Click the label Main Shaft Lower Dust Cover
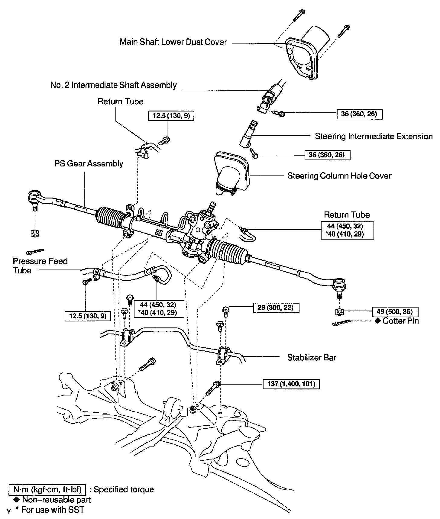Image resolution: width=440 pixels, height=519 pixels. pos(173,42)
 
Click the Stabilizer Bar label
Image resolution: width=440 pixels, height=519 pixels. pos(312,358)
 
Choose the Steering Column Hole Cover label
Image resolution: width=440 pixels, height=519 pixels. pos(339,176)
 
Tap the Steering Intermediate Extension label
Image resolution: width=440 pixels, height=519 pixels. pos(374,136)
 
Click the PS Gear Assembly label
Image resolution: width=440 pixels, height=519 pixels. pos(89,164)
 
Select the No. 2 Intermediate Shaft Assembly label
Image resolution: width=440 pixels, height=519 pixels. pos(113,85)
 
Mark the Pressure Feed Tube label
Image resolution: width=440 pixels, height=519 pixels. pos(40,266)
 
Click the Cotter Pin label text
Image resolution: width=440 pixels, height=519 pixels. pos(400,321)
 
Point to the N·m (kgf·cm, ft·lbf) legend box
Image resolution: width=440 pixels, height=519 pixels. pos(47,489)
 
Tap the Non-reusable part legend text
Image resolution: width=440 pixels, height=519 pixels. pos(56,500)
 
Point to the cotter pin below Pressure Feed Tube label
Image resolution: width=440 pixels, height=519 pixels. pos(35,251)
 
